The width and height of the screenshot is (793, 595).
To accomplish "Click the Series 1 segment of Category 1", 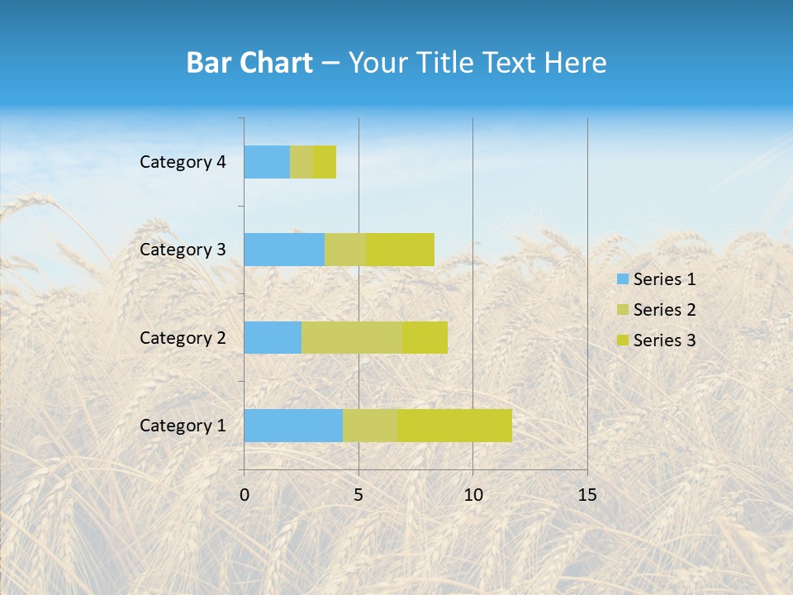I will coord(293,425).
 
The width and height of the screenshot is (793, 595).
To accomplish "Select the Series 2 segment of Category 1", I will coord(370,425).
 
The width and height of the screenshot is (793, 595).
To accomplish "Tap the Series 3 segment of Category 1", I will coord(454,425).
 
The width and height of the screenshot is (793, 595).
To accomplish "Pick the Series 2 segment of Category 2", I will coord(352,337).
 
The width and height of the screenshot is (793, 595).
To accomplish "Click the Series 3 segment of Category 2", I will coord(425,337).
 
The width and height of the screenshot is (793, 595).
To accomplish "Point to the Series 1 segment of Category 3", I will coord(284,250).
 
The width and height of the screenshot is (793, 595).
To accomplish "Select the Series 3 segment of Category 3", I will coord(400,250).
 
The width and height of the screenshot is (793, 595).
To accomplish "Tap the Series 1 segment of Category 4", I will coord(267,162).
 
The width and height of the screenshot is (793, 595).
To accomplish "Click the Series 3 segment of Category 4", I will coord(325,162).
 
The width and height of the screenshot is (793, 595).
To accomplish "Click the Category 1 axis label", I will coord(183,426).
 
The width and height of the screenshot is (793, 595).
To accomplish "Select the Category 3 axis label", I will coord(183,250).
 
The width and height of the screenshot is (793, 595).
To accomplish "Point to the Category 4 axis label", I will coord(183,162).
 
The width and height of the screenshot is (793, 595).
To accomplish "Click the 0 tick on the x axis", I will coord(245,495).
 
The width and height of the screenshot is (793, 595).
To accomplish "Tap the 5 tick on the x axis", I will coord(359,495).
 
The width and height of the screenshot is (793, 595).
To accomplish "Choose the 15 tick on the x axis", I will coord(587,495).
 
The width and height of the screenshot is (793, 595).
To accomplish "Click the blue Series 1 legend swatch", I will coord(621,279).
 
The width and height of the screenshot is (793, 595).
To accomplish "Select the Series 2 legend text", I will coord(664,310).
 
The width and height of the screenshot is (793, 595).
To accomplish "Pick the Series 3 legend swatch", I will coord(621,340).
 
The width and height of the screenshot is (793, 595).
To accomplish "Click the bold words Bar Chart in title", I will coord(249,63).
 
